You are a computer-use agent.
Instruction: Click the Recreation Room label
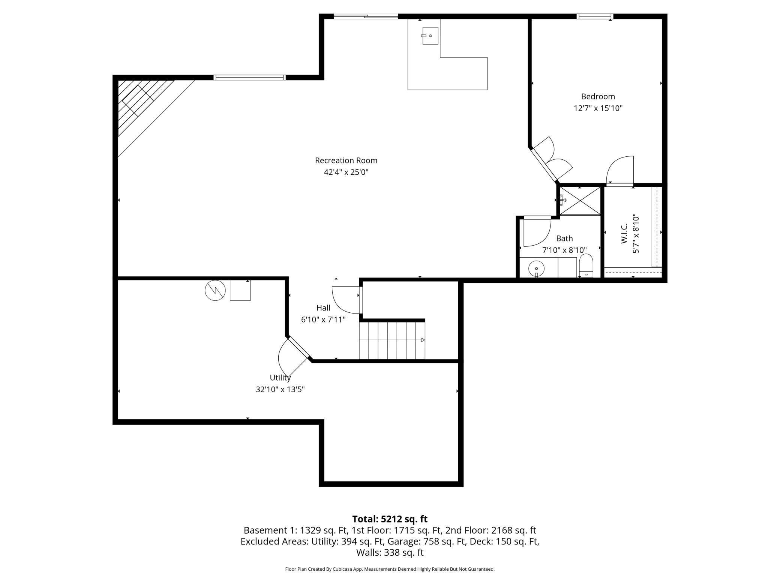tap(346, 160)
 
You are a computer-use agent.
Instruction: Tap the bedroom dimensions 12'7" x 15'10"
tap(598, 108)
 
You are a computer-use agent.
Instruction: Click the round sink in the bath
tap(536, 268)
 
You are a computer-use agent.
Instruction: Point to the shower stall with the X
tap(580, 201)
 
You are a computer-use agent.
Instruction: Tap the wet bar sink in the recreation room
tap(430, 36)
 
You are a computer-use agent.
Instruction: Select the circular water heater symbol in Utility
tap(215, 290)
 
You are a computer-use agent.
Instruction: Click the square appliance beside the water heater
tap(240, 290)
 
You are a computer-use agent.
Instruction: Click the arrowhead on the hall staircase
tap(423, 340)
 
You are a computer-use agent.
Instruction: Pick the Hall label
tap(323, 308)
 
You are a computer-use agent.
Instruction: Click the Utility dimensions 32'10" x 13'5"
tap(280, 389)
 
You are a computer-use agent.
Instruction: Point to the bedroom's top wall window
tap(594, 16)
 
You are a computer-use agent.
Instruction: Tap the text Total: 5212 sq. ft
tap(390, 519)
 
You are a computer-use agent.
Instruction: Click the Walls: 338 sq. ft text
tap(390, 552)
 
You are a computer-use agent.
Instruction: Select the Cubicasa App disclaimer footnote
tap(390, 569)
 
